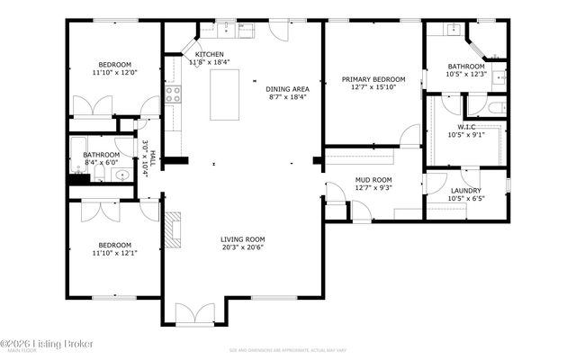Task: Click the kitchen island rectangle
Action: point(226,94)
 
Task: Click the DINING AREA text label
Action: point(287,88)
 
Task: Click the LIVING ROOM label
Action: point(243,239)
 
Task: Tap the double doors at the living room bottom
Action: point(195,314)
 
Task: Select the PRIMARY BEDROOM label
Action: point(373,80)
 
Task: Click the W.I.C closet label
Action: point(466,127)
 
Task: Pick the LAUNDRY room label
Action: point(466,190)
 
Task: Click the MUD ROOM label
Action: point(372,179)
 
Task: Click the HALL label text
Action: point(153,157)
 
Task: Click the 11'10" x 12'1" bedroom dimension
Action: point(115,254)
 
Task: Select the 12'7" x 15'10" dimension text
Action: point(373,88)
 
